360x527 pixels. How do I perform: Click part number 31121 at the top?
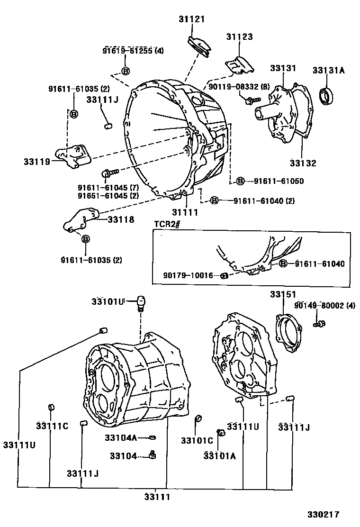coord(191,18)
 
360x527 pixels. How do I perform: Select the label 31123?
coord(239,36)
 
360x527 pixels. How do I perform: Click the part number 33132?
coord(303,163)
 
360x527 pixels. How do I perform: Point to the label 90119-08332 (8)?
coord(239,87)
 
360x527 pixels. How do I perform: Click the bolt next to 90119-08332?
coord(251,100)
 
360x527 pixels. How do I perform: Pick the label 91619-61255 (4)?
coord(133,51)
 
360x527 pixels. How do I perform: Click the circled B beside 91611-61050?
coord(240,181)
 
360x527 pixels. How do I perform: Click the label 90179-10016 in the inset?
coord(188,275)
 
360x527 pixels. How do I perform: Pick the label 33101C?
coord(197,440)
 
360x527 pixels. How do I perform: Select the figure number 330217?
coord(322,514)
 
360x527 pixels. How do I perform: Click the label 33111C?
coord(52,426)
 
